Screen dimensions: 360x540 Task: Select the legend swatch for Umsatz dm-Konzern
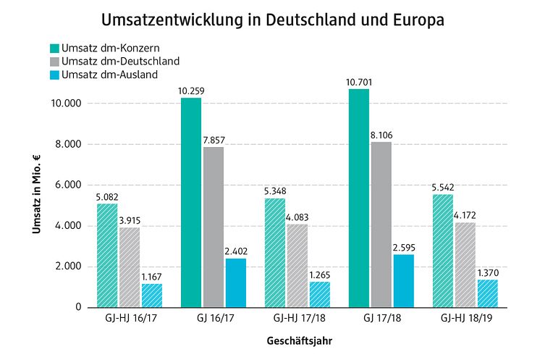(x=54, y=48)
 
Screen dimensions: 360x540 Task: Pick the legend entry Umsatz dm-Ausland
(x=109, y=74)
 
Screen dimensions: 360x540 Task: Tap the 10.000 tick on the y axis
(x=67, y=104)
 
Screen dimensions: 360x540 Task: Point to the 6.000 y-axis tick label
(x=70, y=185)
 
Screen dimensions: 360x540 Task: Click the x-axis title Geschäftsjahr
(x=298, y=338)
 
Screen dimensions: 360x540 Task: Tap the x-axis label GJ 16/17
(x=214, y=318)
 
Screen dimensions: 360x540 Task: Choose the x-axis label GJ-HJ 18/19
(x=465, y=318)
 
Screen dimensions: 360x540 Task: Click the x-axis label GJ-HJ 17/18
(x=298, y=318)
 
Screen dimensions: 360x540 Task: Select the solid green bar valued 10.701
(x=359, y=198)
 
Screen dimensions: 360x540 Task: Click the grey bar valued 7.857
(x=214, y=227)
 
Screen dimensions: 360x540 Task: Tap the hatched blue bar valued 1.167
(x=152, y=295)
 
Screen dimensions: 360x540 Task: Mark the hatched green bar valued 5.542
(x=443, y=251)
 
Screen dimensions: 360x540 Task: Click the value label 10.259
(x=191, y=91)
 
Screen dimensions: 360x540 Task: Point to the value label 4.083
(x=298, y=217)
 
